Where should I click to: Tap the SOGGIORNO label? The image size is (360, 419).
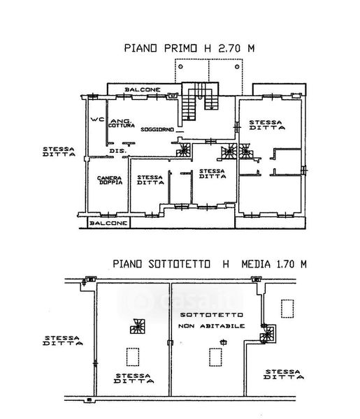pos(157,130)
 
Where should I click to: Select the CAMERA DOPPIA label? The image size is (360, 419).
pos(110,180)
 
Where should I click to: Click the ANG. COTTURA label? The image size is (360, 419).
pos(122,124)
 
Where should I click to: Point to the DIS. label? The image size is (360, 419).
pos(117,151)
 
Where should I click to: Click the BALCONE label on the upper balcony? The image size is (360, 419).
pos(143,90)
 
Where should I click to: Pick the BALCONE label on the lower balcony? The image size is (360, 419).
pos(108,223)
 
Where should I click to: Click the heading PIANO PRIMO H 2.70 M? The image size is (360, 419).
pos(189,48)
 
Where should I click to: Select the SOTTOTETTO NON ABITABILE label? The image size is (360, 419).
pos(211,321)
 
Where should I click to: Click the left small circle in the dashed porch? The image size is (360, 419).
pos(181,66)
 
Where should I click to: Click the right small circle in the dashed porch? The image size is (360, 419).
pos(237,66)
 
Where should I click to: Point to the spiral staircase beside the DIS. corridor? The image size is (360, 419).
pos(183,150)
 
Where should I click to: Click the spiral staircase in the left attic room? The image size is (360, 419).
pos(138,326)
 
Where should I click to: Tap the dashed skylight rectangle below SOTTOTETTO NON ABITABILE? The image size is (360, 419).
pos(215,357)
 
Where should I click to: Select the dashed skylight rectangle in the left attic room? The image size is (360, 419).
pos(133,357)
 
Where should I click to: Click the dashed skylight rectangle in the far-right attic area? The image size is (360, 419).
pos(287,309)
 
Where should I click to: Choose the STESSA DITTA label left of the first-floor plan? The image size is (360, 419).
pos(59,152)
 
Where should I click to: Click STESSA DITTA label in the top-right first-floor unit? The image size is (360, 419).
pos(266,125)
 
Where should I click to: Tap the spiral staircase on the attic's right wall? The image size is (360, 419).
pos(268,334)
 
